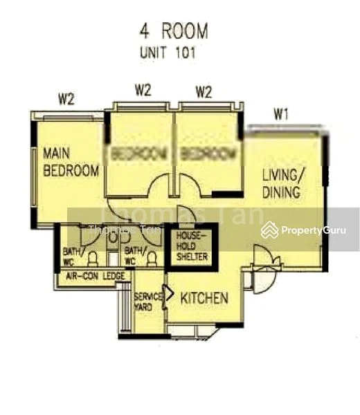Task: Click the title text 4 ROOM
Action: (x=173, y=32)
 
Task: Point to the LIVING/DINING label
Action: (x=281, y=183)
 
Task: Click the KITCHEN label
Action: (x=204, y=299)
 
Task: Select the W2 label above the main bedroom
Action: (x=66, y=99)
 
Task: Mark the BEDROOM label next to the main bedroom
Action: (x=138, y=153)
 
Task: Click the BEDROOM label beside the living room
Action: (x=207, y=153)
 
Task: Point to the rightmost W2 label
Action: (x=204, y=90)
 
